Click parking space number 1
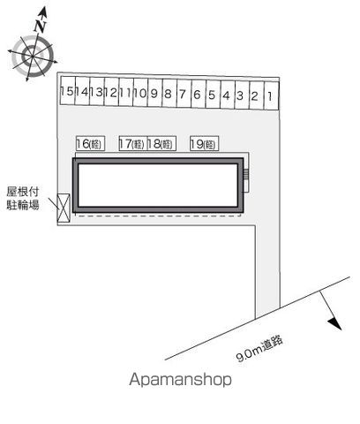[x=271, y=96]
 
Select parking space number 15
[x=68, y=91]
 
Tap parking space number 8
[x=169, y=93]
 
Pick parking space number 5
[x=213, y=95]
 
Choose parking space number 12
[x=111, y=92]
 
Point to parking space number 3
[x=242, y=95]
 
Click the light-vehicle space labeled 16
[x=90, y=143]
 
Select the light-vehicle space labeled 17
[x=133, y=143]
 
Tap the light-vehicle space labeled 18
[x=161, y=143]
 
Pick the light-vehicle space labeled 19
[x=205, y=143]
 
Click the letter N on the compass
[x=40, y=26]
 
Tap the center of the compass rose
[x=33, y=56]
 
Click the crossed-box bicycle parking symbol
[x=64, y=208]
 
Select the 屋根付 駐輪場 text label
[x=23, y=198]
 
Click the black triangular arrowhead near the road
[x=335, y=323]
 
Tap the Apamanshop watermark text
[x=180, y=379]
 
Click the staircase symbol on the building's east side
[x=246, y=174]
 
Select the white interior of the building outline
[x=158, y=185]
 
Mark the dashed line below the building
[x=158, y=216]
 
